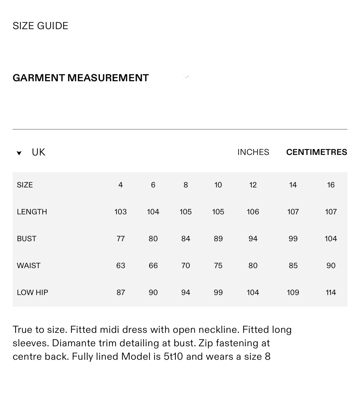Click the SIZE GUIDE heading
[x=40, y=26]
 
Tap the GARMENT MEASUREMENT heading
[x=80, y=78]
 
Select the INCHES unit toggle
[x=253, y=152]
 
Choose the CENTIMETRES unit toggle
[x=317, y=152]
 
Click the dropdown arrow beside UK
[x=19, y=153]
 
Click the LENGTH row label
[x=32, y=212]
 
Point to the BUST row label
[x=27, y=239]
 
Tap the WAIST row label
[x=29, y=266]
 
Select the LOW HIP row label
[x=33, y=292]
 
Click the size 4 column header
[x=121, y=185]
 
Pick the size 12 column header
[x=253, y=185]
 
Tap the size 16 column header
[x=331, y=185]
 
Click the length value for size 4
[x=121, y=212]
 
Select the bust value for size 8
[x=186, y=239]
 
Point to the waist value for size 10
[x=218, y=266]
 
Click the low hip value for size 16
[x=331, y=292]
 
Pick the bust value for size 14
[x=293, y=239]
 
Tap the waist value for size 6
[x=153, y=266]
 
